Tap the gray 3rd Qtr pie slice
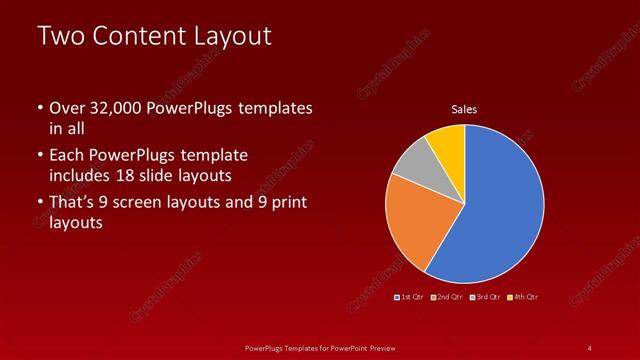(x=412, y=160)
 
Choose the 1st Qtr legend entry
(x=408, y=297)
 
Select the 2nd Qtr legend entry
(x=446, y=297)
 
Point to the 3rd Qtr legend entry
(x=485, y=297)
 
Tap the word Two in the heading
(x=59, y=36)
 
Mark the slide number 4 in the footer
(x=589, y=347)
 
